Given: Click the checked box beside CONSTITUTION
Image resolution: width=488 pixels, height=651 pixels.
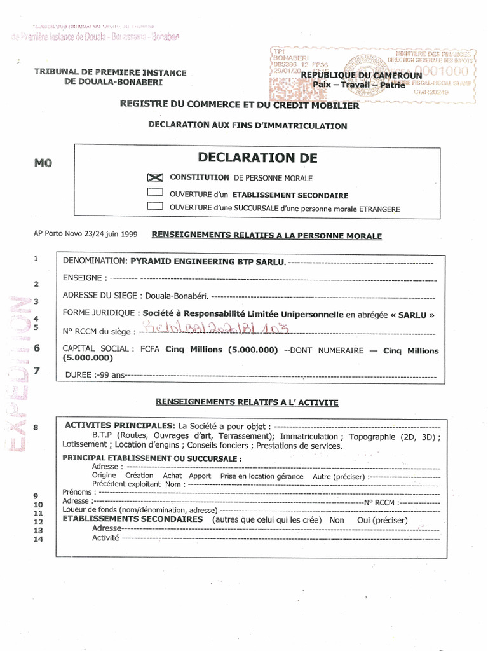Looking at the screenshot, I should pos(155,178).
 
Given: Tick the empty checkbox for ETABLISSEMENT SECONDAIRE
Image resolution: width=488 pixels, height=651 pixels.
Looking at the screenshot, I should pos(155,192).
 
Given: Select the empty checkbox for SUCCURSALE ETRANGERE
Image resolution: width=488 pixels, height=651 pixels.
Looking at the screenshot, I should pos(155,206).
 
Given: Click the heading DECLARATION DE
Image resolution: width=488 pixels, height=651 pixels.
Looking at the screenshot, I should pos(257,158).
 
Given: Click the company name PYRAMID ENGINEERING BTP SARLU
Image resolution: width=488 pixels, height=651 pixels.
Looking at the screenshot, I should pos(208,261).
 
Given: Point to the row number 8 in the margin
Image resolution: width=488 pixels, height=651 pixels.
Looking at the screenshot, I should pos(36,428).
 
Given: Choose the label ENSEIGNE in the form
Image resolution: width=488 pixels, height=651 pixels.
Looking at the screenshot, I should pos(85,278).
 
